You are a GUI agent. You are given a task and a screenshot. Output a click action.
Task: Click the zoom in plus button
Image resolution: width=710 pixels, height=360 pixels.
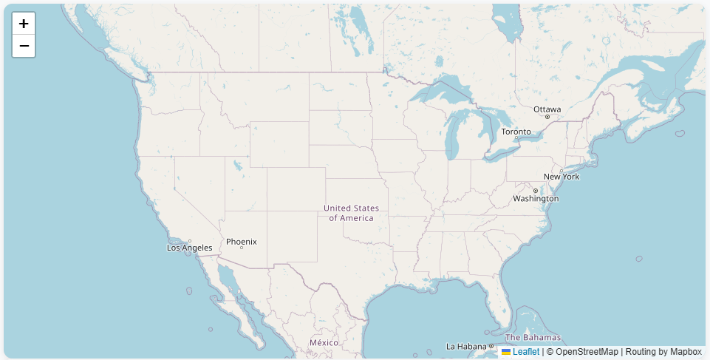coord(24,24)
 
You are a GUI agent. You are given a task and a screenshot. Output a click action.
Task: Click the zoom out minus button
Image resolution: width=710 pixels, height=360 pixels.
coord(24,46)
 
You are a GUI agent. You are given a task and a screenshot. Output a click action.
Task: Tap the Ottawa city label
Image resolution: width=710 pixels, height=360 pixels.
coord(547,109)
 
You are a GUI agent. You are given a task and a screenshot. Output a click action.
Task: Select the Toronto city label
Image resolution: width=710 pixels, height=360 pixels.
coord(516,132)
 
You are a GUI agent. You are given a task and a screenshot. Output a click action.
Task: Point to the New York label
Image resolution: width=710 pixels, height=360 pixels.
coord(561,177)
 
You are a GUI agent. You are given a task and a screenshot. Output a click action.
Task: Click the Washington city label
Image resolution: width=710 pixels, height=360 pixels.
coord(536,199)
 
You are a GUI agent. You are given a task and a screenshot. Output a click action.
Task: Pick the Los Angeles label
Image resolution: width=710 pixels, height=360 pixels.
coord(190,248)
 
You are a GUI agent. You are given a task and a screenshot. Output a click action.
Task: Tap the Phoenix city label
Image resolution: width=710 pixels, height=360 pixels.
coord(242,242)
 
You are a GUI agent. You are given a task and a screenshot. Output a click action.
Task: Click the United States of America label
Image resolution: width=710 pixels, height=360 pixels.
coord(351,213)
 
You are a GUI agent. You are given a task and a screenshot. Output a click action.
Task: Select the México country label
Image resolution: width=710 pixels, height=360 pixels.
coord(324,343)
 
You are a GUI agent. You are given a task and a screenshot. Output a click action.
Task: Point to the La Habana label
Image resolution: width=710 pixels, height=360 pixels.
coord(466,346)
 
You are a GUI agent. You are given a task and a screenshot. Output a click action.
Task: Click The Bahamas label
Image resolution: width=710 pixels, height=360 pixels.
coord(533,337)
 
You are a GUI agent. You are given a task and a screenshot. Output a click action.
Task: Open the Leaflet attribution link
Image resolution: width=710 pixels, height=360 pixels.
coord(526,352)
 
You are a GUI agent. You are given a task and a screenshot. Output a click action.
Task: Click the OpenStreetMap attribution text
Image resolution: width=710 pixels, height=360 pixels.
coord(587,352)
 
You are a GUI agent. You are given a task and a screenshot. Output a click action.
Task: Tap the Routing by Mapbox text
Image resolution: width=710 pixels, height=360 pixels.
coord(663,352)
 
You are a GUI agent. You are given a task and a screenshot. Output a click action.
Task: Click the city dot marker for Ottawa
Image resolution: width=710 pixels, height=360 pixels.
coord(547,117)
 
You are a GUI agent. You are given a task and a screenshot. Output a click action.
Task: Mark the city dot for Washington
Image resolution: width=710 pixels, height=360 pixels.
coord(536,191)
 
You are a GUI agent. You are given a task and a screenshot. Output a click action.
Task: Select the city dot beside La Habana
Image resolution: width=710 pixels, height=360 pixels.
coord(491,346)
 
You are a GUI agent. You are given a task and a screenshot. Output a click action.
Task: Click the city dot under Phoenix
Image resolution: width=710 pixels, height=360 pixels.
coord(242,248)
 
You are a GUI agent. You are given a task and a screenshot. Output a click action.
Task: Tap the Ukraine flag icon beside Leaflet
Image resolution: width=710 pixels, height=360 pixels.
coord(506,352)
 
